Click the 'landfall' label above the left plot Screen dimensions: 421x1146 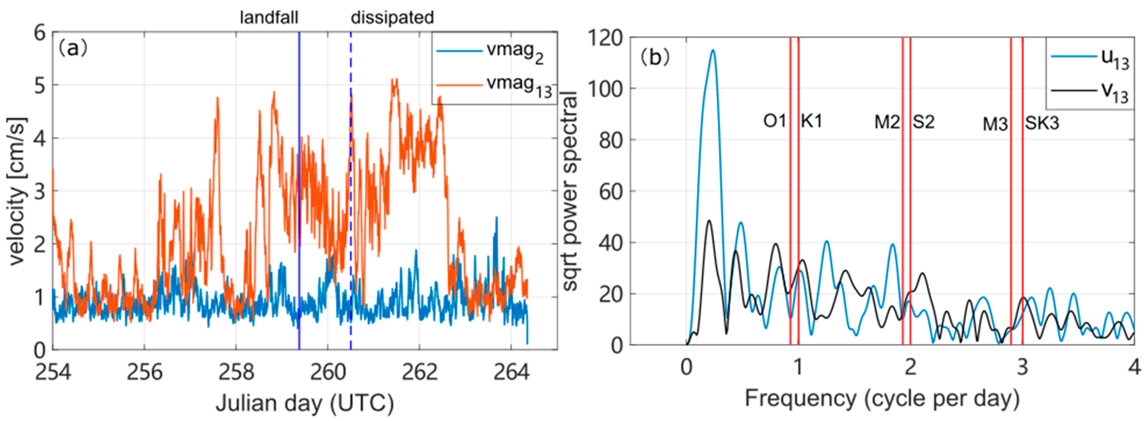[269, 18]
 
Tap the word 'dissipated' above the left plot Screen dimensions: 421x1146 [392, 18]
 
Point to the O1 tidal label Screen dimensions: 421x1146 [775, 121]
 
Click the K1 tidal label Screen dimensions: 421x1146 [812, 121]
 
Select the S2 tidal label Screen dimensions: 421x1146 [924, 121]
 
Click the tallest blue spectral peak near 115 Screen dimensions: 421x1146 [713, 50]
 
